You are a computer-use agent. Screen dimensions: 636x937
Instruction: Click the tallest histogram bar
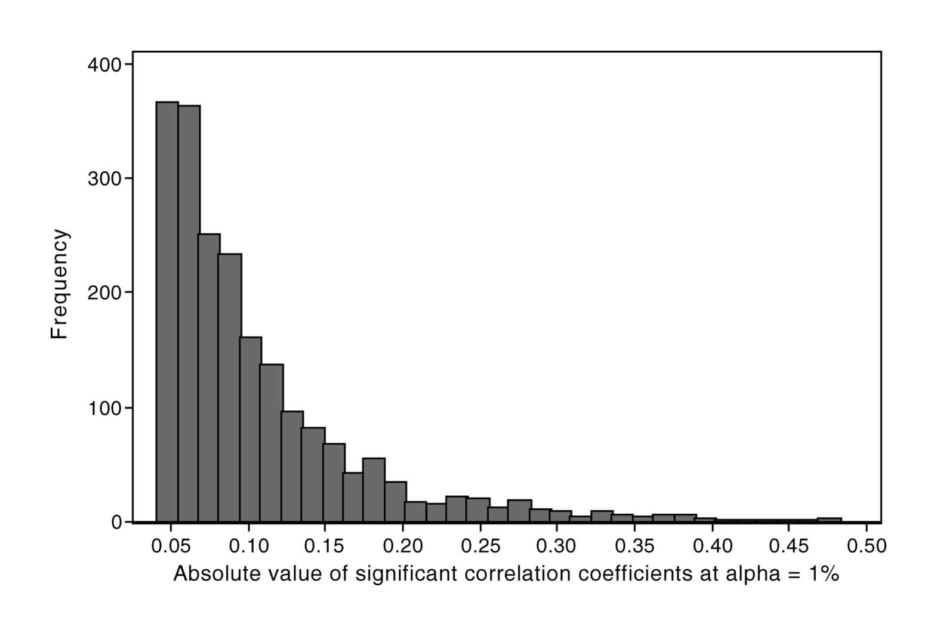click(x=167, y=310)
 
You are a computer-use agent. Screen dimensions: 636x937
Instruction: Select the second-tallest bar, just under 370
click(x=189, y=313)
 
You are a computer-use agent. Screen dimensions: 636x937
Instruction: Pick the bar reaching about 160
click(x=251, y=430)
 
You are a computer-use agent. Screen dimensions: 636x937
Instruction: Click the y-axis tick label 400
click(x=104, y=64)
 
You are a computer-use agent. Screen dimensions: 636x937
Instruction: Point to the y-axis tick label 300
click(x=104, y=179)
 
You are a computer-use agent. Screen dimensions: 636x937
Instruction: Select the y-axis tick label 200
click(x=104, y=293)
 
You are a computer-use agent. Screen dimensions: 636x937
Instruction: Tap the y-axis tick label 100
click(x=104, y=408)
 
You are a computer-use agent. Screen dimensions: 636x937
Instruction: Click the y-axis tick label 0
click(x=116, y=522)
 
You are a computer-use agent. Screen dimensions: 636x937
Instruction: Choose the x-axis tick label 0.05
click(x=171, y=546)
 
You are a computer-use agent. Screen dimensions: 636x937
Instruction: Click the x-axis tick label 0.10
click(x=248, y=546)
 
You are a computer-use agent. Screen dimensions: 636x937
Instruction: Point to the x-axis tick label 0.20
click(x=403, y=546)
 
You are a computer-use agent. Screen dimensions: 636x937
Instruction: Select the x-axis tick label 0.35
click(x=634, y=546)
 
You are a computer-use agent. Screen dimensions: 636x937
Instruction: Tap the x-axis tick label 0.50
click(x=866, y=546)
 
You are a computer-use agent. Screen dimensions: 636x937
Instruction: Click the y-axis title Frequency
click(x=60, y=284)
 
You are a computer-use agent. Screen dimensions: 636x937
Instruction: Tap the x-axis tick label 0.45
click(x=789, y=546)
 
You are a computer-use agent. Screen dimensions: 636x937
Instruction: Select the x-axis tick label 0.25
click(x=480, y=546)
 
